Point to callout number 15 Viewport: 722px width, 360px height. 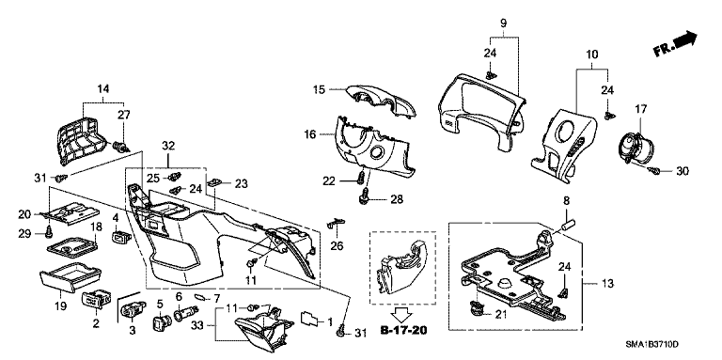320,90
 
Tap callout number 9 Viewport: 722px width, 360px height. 503,23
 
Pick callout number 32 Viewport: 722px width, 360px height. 167,146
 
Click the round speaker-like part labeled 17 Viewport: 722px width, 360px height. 636,149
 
